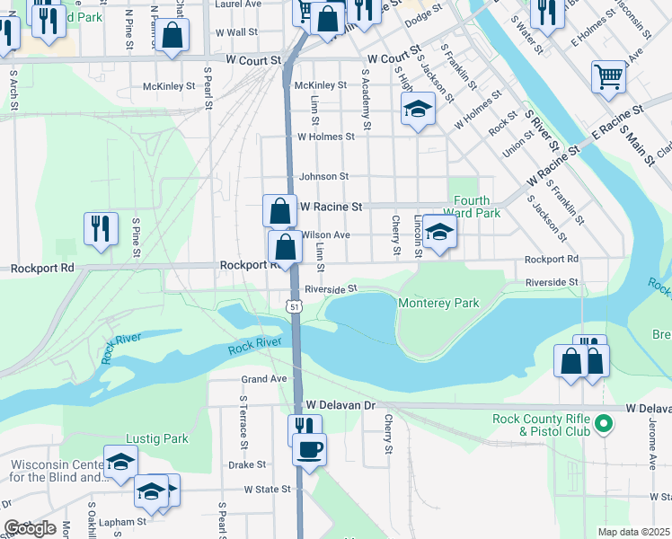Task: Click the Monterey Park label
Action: point(438,304)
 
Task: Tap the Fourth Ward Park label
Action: point(476,207)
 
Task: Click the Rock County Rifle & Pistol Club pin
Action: point(604,422)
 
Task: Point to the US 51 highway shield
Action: point(294,307)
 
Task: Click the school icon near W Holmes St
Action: point(417,110)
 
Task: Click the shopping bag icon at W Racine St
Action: point(280,211)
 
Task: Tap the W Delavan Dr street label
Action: point(340,405)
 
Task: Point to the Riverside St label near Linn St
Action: point(331,289)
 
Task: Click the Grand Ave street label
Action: point(263,379)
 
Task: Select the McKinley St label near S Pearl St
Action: point(169,87)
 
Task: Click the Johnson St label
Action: point(323,177)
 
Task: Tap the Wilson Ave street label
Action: point(326,234)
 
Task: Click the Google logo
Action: point(31,528)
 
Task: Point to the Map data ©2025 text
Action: point(634,532)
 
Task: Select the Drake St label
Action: point(247,465)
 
